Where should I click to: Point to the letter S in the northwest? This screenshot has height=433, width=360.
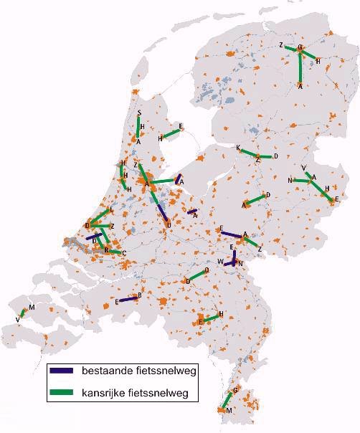coord(138,113)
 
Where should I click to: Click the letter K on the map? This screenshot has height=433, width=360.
coord(238,148)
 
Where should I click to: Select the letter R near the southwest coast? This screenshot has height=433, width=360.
coord(107,249)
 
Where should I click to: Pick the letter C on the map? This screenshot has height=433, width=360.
coord(124,253)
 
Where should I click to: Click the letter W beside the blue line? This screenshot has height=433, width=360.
coord(221,262)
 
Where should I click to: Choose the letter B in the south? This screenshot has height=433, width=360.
coord(139,295)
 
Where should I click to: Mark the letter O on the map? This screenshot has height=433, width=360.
coord(207,270)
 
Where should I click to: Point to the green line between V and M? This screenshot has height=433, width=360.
coord(23,312)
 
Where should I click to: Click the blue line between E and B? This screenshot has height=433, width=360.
coord(128,299)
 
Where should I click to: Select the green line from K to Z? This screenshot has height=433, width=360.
coord(248,153)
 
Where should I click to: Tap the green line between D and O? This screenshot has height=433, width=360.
coord(197,275)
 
